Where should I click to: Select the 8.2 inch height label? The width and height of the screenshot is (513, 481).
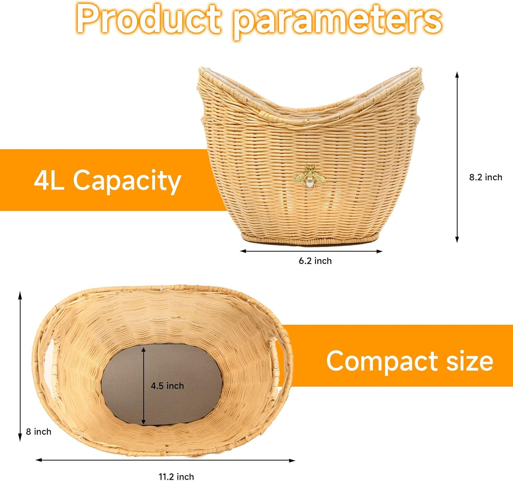coord(485,177)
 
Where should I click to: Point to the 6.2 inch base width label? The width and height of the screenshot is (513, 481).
coord(315,261)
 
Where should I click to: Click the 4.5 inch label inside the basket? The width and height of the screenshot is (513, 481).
coord(167,386)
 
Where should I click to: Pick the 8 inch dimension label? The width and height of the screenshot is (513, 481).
coord(38,432)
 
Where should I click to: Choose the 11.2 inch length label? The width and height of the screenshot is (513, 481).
coord(176,477)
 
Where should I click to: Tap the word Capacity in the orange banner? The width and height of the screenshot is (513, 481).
coord(127,181)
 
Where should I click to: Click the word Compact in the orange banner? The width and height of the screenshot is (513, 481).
coord(382,361)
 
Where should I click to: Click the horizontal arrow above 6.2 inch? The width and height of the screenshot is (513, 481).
coord(311,251)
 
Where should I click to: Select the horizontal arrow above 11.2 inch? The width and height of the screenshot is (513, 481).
coord(165,460)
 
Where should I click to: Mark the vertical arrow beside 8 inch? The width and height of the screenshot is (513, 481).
coord(20,366)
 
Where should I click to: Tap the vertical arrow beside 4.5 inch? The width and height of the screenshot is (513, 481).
coord(143,386)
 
